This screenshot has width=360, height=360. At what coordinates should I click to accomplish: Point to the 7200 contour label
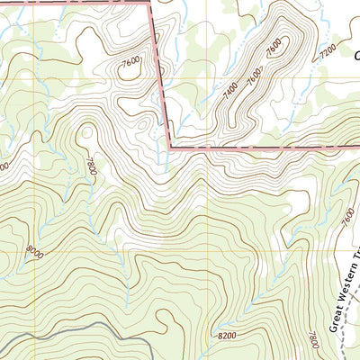click(328, 47)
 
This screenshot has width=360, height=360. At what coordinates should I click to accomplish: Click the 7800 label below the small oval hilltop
click(91, 166)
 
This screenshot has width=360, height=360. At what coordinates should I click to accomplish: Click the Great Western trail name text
click(343, 297)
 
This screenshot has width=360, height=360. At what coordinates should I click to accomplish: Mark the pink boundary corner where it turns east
click(169, 144)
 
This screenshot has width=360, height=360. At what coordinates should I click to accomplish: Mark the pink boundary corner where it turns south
click(148, 4)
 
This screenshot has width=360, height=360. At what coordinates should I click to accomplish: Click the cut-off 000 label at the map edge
click(4, 166)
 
